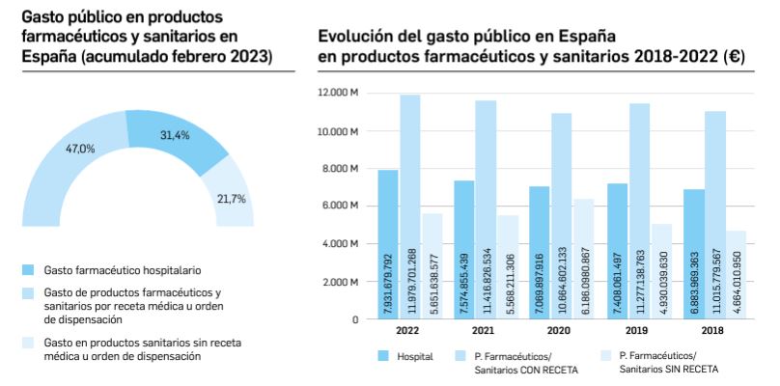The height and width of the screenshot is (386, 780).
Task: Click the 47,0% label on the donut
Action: (x=79, y=149)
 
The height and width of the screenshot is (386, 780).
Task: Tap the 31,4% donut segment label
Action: (x=174, y=135)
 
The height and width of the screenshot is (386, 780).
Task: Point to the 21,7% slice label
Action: (x=232, y=199)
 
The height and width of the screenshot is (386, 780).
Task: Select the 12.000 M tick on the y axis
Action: (x=340, y=93)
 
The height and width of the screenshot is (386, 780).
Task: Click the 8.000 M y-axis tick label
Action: (x=343, y=168)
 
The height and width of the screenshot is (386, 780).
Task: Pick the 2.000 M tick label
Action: (x=343, y=282)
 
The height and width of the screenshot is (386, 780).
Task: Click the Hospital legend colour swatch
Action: (x=382, y=356)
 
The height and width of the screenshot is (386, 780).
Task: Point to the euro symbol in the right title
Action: (x=735, y=56)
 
